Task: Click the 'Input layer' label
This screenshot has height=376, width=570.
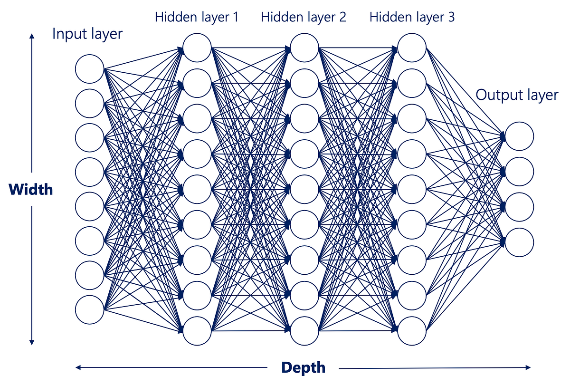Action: click(87, 34)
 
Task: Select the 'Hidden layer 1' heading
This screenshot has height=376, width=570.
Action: click(197, 18)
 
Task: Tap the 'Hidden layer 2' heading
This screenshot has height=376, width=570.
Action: click(304, 18)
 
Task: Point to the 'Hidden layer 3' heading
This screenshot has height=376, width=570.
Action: click(412, 18)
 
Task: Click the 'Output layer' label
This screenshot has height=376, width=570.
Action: click(517, 95)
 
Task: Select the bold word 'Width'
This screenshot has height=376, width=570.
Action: click(31, 190)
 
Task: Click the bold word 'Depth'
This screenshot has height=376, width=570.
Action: click(303, 367)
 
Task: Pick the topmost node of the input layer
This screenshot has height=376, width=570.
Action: click(89, 69)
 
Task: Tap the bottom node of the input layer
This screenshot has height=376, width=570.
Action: click(89, 310)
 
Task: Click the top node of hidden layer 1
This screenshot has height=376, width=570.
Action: click(197, 48)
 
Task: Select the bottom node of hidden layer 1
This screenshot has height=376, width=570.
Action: click(197, 331)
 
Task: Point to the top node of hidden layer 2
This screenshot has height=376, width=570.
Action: click(304, 48)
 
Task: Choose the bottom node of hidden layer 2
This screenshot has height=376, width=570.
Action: click(304, 331)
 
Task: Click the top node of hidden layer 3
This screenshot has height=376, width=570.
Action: click(411, 48)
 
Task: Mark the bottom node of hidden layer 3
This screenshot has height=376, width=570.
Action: click(411, 331)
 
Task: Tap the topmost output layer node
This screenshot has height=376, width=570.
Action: click(519, 136)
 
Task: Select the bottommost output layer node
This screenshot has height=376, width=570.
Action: click(519, 242)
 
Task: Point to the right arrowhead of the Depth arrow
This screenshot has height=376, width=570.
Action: click(528, 367)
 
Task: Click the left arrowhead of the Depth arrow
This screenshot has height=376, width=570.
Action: click(78, 367)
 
